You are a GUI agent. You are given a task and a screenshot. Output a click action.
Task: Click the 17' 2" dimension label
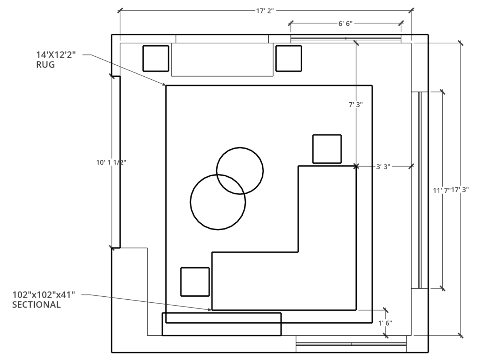pyautogui.click(x=265, y=11)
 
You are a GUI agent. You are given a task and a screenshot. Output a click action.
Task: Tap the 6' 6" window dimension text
pyautogui.click(x=345, y=23)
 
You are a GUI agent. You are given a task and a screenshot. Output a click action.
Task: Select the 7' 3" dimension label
pyautogui.click(x=355, y=105)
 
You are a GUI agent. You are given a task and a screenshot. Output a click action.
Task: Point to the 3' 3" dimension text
pyautogui.click(x=383, y=167)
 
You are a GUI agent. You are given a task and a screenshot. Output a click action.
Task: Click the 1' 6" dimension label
pyautogui.click(x=385, y=323)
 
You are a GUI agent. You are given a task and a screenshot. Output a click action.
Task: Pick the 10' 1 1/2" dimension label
pyautogui.click(x=111, y=162)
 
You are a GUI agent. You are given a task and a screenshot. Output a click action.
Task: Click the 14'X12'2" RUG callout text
pyautogui.click(x=56, y=59)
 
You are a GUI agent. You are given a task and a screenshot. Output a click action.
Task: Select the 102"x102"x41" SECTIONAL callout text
pyautogui.click(x=44, y=300)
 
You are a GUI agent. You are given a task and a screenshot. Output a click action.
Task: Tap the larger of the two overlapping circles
pyautogui.click(x=218, y=202)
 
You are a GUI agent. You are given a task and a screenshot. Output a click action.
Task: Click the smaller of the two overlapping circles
pyautogui.click(x=240, y=170)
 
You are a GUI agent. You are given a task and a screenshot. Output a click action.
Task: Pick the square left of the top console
pyautogui.click(x=156, y=58)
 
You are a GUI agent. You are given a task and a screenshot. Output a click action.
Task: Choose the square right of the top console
pyautogui.click(x=289, y=58)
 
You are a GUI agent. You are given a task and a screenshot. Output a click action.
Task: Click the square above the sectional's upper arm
pyautogui.click(x=327, y=149)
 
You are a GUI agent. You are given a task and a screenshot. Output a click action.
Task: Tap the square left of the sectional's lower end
pyautogui.click(x=195, y=282)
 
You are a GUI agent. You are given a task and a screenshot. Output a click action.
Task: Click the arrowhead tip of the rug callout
pyautogui.click(x=165, y=85)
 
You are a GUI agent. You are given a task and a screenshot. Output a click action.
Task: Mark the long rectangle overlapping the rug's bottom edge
pyautogui.click(x=222, y=329)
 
